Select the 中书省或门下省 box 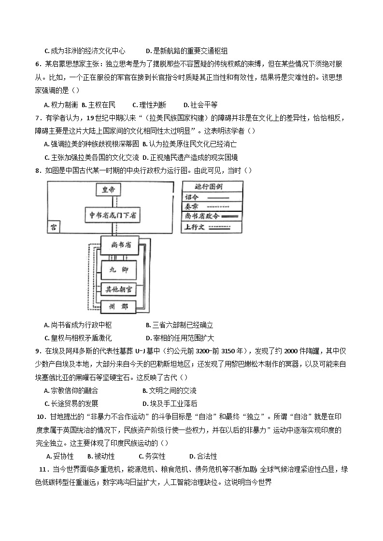coord(112,216)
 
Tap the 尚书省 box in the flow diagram coord(119,245)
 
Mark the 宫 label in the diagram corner coord(54,226)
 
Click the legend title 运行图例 coord(212,187)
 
